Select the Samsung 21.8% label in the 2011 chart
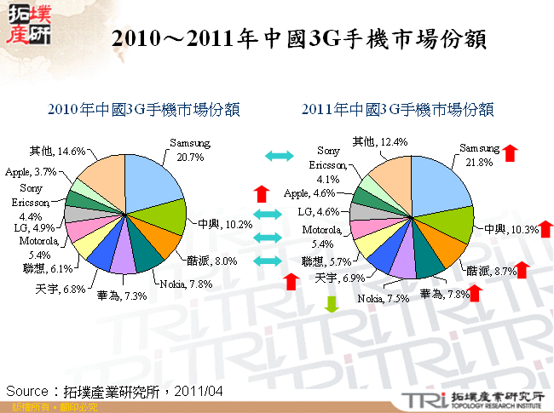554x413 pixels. pyautogui.click(x=479, y=153)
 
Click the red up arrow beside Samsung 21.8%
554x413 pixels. pyautogui.click(x=511, y=152)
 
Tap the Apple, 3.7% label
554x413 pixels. pyautogui.click(x=32, y=171)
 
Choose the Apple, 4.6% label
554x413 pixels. pyautogui.click(x=311, y=193)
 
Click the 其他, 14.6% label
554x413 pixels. pyautogui.click(x=57, y=152)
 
